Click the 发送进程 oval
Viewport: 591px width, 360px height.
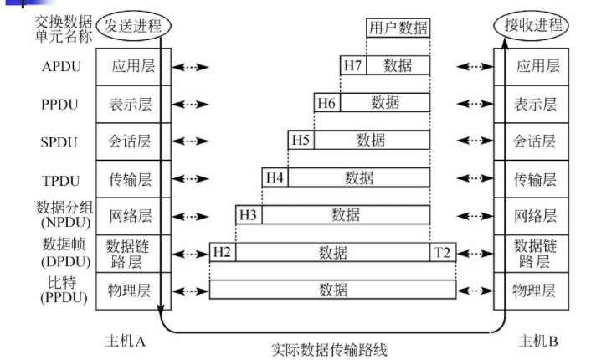click(x=134, y=26)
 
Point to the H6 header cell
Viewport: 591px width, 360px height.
click(x=326, y=103)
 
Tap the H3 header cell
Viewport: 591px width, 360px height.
click(x=248, y=215)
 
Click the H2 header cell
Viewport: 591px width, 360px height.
click(x=222, y=252)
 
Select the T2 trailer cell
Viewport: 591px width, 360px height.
click(x=442, y=252)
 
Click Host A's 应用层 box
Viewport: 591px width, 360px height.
click(x=128, y=66)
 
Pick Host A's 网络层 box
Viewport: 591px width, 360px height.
click(x=128, y=215)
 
